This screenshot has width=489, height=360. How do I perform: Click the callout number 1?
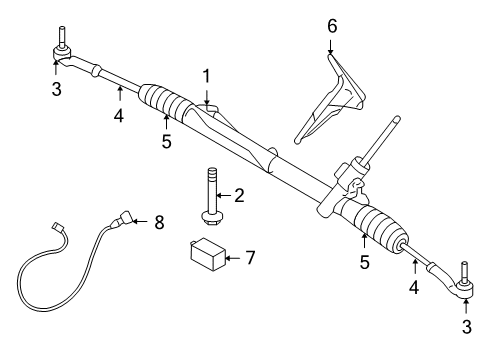click(207, 76)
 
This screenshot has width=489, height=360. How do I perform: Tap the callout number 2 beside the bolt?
click(239, 195)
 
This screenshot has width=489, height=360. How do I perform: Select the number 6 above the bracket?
click(332, 26)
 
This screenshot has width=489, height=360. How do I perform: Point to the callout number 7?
click(250, 258)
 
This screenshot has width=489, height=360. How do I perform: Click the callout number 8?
click(159, 222)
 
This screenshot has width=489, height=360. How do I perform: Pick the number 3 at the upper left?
click(57, 89)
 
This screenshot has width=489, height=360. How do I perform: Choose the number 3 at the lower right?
click(467, 327)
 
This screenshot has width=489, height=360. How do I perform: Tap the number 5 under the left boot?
click(166, 141)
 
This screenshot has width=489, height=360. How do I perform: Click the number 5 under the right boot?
click(365, 262)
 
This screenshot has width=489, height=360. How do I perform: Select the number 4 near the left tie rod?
click(119, 115)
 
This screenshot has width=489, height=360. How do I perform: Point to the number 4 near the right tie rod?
click(414, 287)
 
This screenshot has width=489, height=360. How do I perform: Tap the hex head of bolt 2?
click(209, 219)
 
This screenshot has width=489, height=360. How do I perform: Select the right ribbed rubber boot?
click(378, 226)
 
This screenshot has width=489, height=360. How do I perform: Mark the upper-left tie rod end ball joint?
click(62, 53)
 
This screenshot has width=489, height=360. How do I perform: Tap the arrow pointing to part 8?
click(140, 221)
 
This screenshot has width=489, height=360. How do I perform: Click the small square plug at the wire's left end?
click(57, 227)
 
